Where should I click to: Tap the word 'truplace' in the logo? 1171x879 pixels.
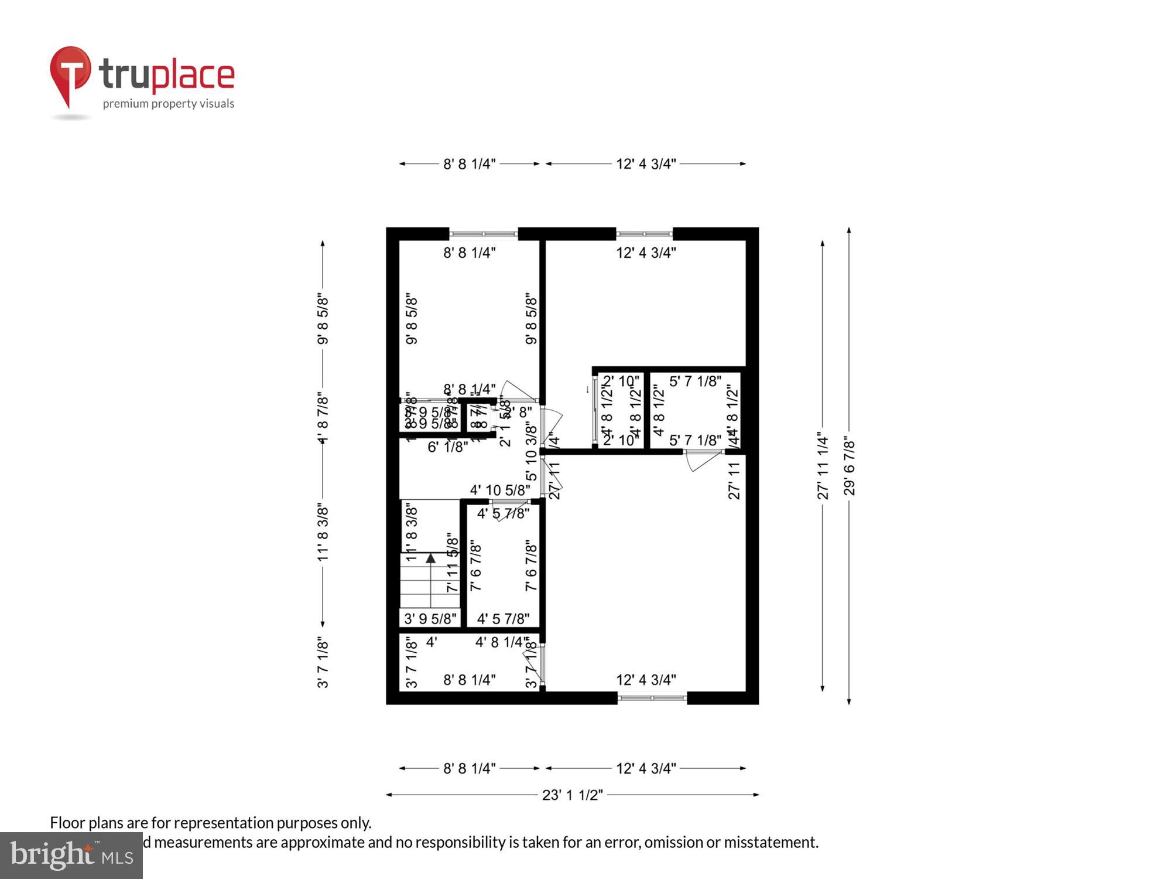click(x=167, y=74)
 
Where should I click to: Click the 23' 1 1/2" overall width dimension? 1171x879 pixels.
click(x=572, y=795)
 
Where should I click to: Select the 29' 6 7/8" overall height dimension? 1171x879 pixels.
click(x=849, y=466)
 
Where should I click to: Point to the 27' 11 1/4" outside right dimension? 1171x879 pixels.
click(x=823, y=466)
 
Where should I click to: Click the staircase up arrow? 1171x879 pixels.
click(x=431, y=558)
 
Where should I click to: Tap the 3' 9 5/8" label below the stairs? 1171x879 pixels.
click(x=430, y=619)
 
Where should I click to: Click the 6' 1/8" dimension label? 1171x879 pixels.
click(x=447, y=447)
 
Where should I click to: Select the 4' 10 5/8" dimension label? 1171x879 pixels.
click(x=500, y=490)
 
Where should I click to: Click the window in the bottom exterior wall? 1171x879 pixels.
click(x=652, y=698)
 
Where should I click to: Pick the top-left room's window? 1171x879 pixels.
click(x=484, y=234)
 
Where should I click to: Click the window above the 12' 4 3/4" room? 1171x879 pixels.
click(x=644, y=234)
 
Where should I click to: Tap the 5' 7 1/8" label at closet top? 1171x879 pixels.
click(x=695, y=381)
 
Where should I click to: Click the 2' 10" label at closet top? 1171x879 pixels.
click(x=621, y=381)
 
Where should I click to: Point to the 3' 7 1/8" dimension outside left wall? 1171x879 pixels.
click(x=323, y=662)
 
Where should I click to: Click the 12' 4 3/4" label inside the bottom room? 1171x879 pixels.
click(x=646, y=680)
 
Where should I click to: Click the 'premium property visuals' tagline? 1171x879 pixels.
click(x=169, y=104)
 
